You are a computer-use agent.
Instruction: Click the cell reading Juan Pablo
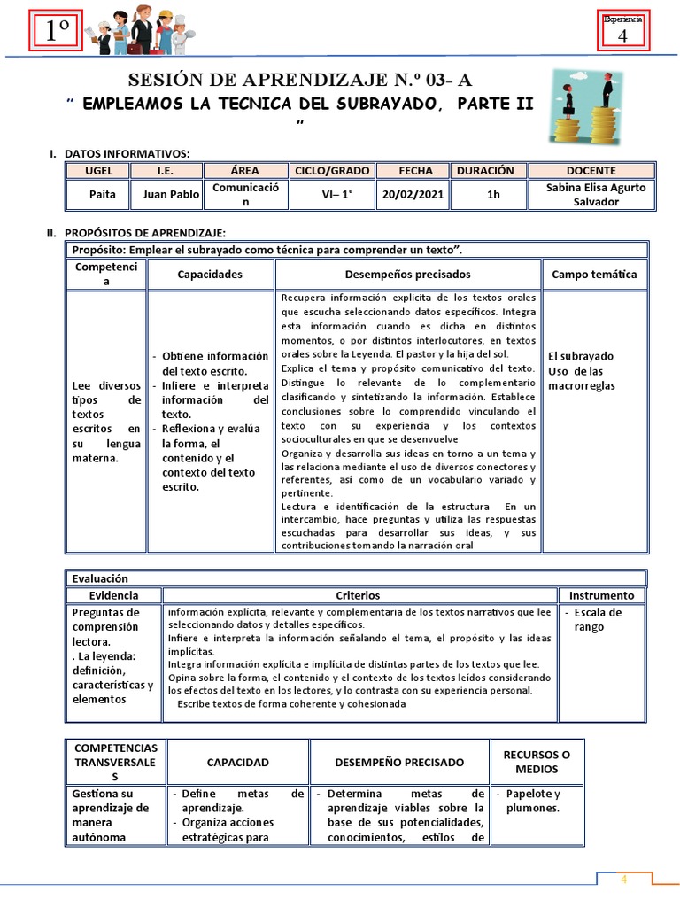tap(171, 194)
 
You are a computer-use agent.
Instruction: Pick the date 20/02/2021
tap(413, 194)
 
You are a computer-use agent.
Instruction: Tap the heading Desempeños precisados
tap(407, 275)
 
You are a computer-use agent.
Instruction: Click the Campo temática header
tap(594, 275)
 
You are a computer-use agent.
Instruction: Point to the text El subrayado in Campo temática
tap(581, 356)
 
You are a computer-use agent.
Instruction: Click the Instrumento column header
tap(601, 595)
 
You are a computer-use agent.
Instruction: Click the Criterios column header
tap(358, 595)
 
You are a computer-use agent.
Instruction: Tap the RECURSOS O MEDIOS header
tap(537, 761)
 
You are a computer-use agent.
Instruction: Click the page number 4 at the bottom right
tap(623, 880)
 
